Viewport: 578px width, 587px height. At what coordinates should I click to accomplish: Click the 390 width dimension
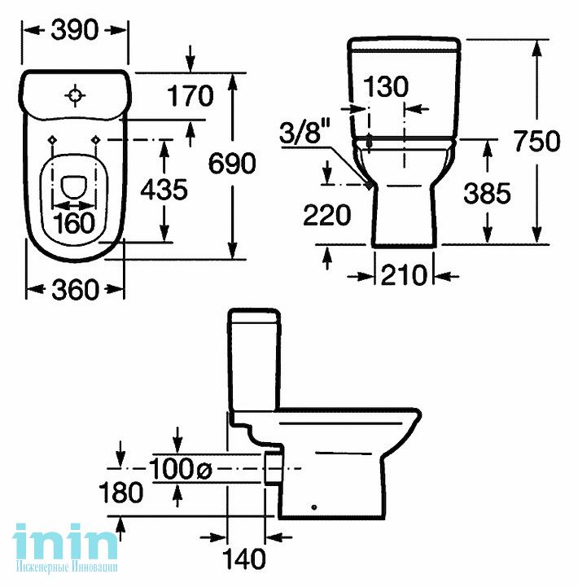point(75,30)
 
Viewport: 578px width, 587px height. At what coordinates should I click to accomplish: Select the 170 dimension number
point(190,96)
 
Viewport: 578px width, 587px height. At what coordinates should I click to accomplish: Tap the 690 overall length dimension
point(232,164)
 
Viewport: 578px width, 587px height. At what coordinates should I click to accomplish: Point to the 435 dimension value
point(164,189)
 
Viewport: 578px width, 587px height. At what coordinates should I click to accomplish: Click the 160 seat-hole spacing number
point(74,223)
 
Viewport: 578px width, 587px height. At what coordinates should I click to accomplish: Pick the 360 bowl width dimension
point(75,289)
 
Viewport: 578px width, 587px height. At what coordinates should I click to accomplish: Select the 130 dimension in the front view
point(386,86)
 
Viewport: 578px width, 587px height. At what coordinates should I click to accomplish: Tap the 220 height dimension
point(326,215)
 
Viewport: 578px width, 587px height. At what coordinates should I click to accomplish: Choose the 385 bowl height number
point(487,194)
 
